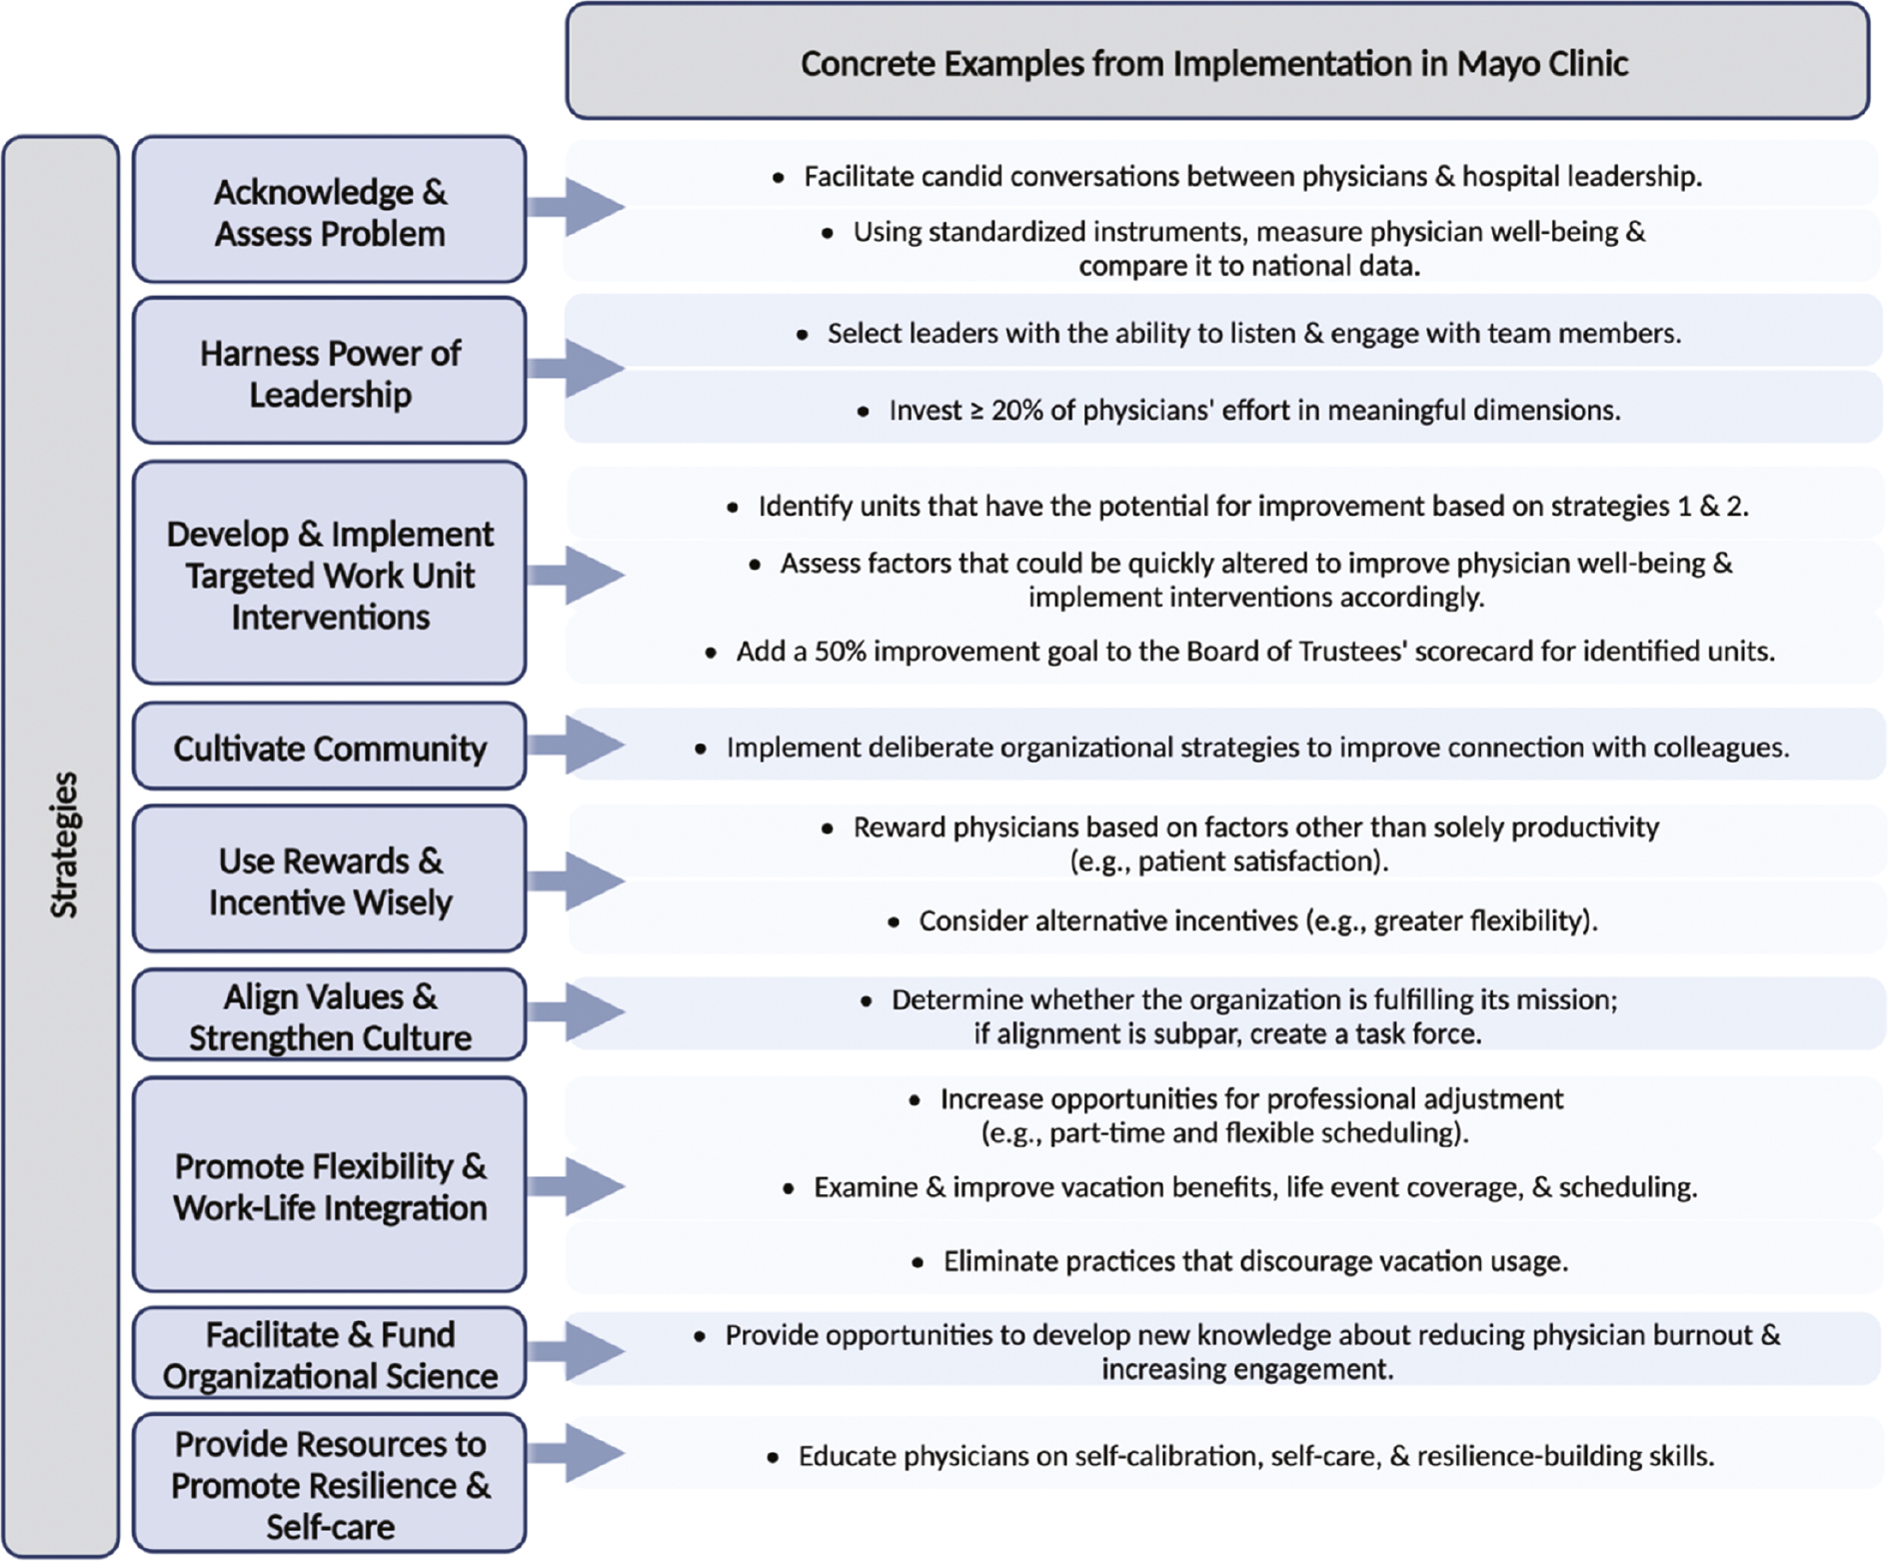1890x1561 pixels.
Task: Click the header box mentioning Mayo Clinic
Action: click(1215, 62)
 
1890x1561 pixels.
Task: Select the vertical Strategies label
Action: click(63, 844)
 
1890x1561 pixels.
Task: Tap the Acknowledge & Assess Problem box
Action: click(330, 211)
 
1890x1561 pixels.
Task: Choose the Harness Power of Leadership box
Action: click(330, 372)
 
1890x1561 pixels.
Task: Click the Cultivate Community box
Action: click(330, 748)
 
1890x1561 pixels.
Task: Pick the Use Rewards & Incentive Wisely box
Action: click(330, 879)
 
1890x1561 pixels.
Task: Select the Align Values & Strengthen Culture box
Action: click(330, 1015)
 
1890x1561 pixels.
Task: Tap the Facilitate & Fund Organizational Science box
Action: click(330, 1354)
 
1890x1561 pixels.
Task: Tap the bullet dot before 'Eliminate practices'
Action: click(918, 1263)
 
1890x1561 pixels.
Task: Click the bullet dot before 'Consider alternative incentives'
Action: click(894, 922)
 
